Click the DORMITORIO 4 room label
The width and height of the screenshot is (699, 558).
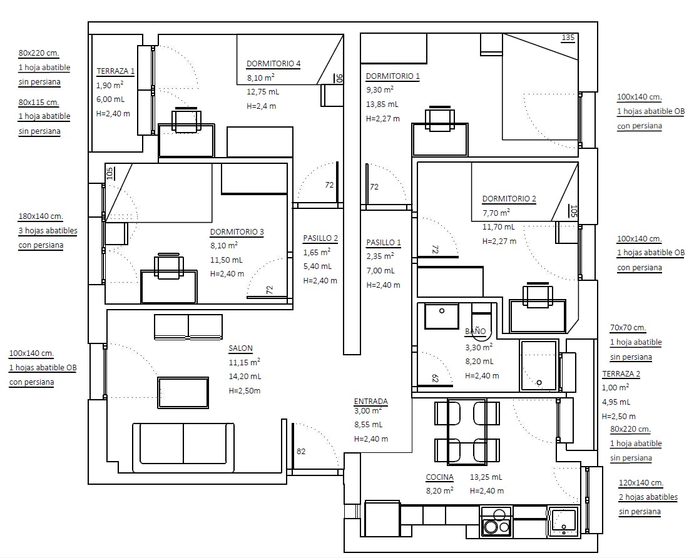click(273, 64)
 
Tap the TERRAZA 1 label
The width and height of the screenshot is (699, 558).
click(116, 71)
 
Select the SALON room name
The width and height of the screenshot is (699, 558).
click(241, 348)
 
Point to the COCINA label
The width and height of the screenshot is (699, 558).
click(439, 477)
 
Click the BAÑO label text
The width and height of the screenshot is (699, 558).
click(475, 332)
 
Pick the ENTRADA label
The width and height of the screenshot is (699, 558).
click(371, 401)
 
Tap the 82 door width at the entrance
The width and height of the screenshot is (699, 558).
click(302, 452)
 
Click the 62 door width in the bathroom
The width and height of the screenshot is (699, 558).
click(436, 378)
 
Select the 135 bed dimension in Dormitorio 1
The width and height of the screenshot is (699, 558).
click(568, 38)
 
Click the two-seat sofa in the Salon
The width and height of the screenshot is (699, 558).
click(183, 447)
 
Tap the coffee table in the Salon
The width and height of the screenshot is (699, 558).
click(183, 393)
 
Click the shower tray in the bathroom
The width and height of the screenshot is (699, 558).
click(539, 366)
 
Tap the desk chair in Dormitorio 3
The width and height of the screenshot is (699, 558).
click(168, 266)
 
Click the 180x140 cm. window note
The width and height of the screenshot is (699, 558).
click(41, 216)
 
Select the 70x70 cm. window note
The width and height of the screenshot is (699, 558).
click(628, 328)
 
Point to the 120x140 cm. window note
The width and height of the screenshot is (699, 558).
click(641, 483)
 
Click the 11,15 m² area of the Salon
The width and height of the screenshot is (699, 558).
click(244, 362)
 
